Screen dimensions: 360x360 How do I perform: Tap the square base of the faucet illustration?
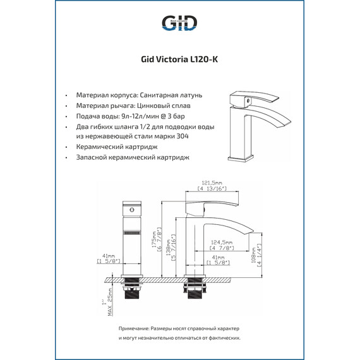[x=243, y=156]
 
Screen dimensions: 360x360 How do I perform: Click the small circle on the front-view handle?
[x=131, y=208]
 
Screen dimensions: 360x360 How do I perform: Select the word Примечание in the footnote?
[x=136, y=330]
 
